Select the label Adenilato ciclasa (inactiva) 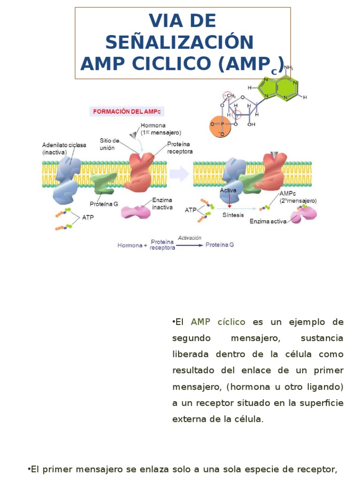coord(64,149)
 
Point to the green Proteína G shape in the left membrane coord(103,183)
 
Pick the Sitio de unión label coord(109,144)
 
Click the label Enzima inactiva coord(162,203)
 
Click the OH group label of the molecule coord(252,125)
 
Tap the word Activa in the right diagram coord(228,191)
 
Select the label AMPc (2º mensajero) coord(298,197)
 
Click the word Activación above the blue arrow coord(189,238)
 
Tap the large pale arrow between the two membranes coord(179,175)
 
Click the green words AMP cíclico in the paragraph coord(218,322)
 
